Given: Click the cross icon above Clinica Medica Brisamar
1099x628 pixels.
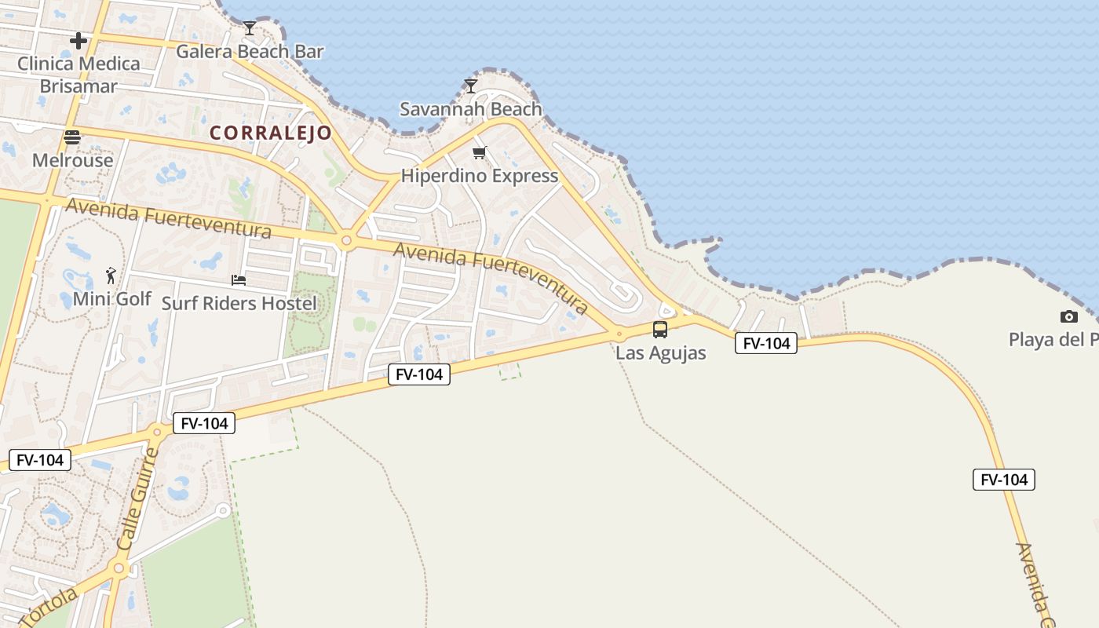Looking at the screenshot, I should pos(78,41).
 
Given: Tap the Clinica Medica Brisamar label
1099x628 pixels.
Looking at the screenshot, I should pos(78,75).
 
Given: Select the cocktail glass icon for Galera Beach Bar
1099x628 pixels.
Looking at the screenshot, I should pos(249,28).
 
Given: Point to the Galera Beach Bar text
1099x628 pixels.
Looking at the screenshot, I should pos(250,52).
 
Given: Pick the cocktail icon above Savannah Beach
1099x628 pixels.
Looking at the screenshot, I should pos(471,86).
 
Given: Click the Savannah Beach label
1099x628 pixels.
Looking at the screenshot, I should pos(471,109).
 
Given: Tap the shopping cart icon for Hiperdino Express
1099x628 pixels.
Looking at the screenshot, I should pos(479,152).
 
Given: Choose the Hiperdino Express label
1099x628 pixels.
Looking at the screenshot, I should pos(480,176).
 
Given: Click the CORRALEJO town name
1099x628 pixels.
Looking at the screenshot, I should pos(271,133).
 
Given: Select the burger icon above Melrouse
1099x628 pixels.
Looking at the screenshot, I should pos(72,138).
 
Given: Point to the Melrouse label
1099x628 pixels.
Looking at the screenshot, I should pos(73,161).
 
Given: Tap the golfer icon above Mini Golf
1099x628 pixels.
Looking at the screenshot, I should pos(111,276).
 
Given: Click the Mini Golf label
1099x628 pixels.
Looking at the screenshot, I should pos(112,299).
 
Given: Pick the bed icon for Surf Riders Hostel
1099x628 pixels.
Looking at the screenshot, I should pos(239,279).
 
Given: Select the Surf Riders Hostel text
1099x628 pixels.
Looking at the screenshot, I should pos(239,303).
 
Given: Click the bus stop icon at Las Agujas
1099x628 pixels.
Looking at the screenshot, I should pos(660,330).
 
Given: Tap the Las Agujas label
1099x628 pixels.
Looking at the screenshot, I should pos(661,353).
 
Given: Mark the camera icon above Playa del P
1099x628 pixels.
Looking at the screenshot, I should pos(1068,316).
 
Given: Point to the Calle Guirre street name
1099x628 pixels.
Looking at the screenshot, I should pos(137,499).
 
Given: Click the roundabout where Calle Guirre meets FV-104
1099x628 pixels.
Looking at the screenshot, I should pos(157,432).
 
